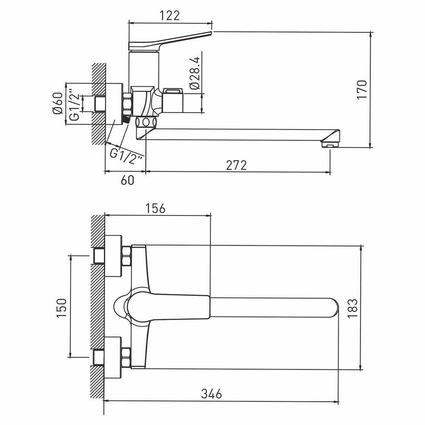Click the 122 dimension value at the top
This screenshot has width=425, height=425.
(170, 16)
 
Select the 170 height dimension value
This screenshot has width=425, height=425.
(361, 89)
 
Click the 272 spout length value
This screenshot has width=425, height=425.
(236, 165)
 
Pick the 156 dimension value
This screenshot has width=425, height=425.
(155, 208)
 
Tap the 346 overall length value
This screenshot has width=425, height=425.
(211, 394)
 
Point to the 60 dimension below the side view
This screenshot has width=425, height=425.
(127, 180)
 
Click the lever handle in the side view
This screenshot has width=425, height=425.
(170, 40)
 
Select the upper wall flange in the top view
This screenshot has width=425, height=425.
(113, 256)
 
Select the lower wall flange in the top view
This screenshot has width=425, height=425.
(113, 357)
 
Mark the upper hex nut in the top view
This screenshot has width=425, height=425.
(126, 256)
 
